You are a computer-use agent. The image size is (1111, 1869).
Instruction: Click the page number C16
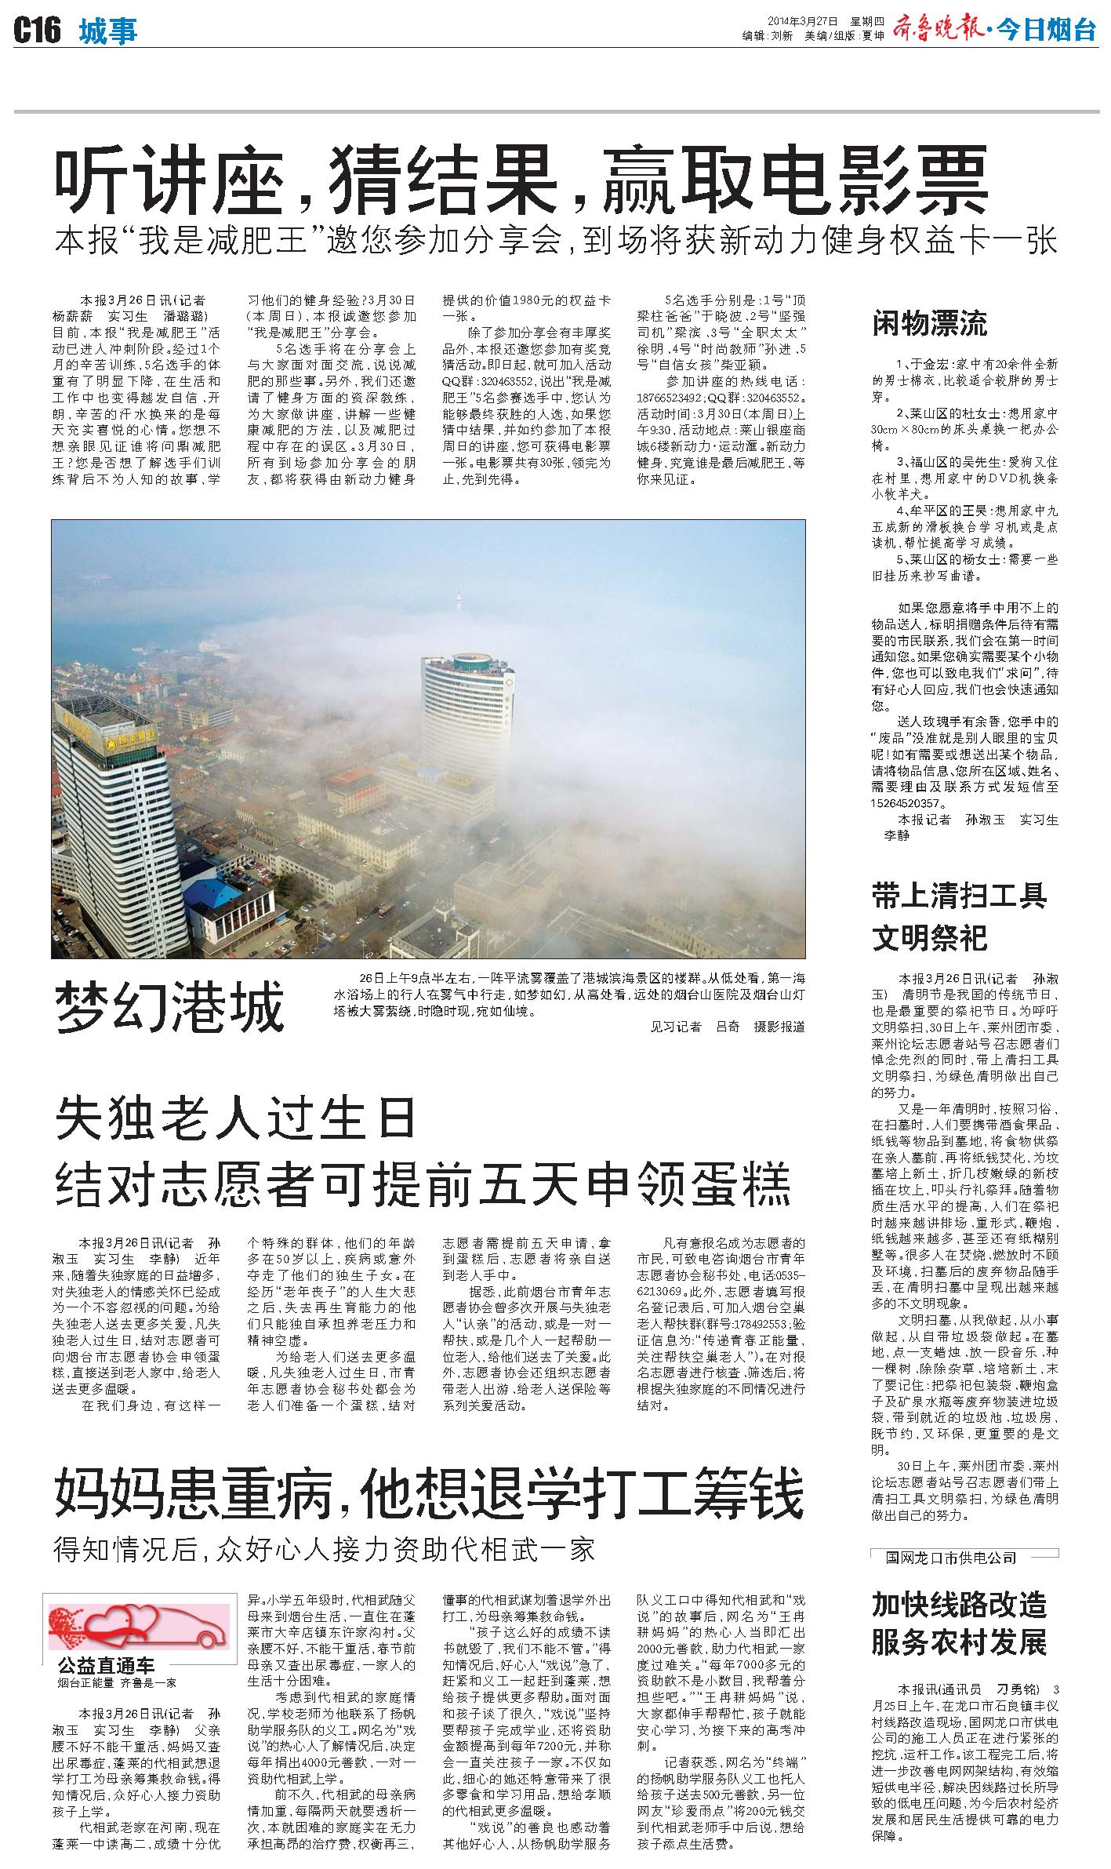pos(37,32)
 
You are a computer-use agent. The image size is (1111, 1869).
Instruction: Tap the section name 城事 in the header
pos(108,32)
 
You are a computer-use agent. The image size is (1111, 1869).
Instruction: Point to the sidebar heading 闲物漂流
pos(929,324)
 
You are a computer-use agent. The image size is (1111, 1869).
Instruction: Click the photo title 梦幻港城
pos(169,1008)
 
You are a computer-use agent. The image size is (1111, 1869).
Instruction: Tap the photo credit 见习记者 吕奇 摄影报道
pos(727,1027)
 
